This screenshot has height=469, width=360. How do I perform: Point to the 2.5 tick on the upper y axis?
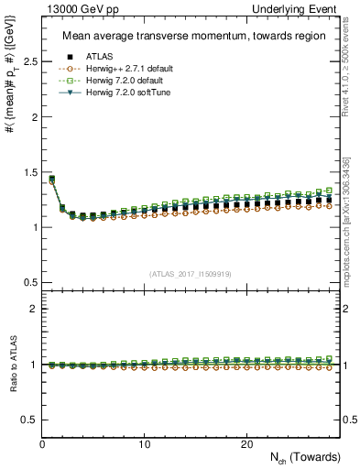[30, 61]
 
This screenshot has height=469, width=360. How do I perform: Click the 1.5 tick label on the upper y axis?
[30, 172]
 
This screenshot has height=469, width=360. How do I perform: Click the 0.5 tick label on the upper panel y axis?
[30, 282]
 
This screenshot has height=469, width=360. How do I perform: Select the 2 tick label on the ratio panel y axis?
[34, 309]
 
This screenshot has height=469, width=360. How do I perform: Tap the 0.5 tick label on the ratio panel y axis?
[30, 420]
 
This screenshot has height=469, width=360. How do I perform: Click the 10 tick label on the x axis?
[145, 444]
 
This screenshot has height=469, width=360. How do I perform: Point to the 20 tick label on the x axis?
[246, 444]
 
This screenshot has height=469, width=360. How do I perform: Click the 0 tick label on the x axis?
[43, 444]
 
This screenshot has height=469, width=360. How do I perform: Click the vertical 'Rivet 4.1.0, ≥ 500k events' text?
[351, 73]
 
